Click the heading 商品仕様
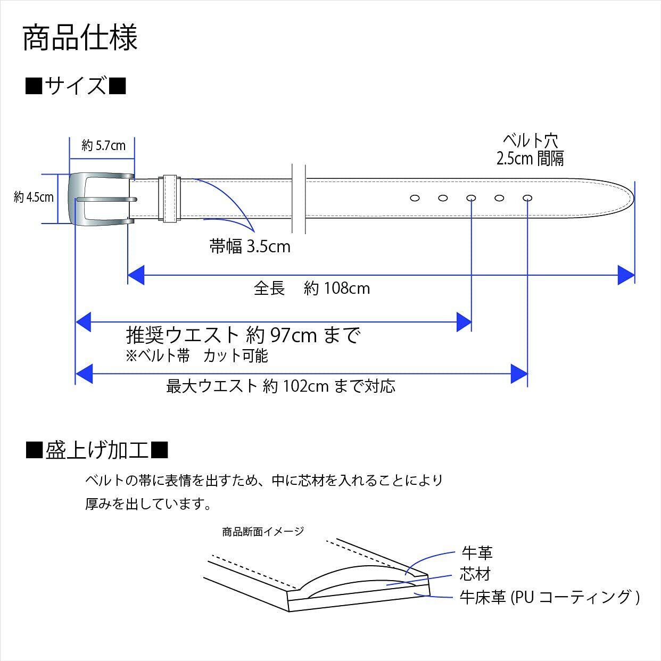point(80,37)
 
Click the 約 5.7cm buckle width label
point(104,145)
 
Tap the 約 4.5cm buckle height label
point(34,197)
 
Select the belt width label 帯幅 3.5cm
point(250,246)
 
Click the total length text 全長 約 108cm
point(311,288)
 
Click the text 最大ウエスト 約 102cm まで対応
point(281,386)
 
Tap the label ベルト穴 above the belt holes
point(530,141)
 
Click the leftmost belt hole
point(415,199)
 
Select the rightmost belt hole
point(527,199)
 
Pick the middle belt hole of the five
point(471,199)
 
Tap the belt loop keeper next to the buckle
point(170,199)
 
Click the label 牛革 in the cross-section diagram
point(477,553)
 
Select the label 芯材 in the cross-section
point(475,574)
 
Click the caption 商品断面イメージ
point(263,531)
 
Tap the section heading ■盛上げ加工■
point(97,451)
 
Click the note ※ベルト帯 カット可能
point(197,356)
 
